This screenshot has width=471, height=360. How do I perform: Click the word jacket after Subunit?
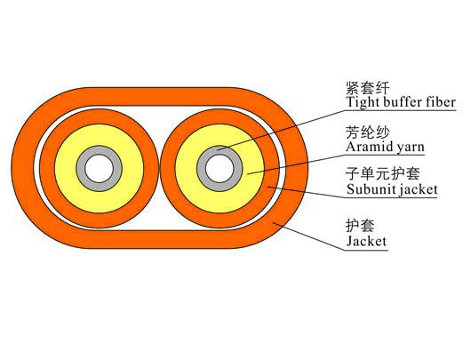click(416, 190)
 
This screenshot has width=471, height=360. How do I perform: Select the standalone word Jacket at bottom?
click(366, 241)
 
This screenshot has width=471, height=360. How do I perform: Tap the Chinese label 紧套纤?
click(368, 88)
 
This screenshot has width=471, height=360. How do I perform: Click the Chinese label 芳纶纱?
click(368, 132)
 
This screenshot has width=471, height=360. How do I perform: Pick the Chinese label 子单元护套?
click(383, 173)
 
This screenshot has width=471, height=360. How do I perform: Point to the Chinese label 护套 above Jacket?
click(361, 226)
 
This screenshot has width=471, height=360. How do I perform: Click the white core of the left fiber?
click(99, 169)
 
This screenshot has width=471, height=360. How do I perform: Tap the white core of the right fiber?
click(220, 169)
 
